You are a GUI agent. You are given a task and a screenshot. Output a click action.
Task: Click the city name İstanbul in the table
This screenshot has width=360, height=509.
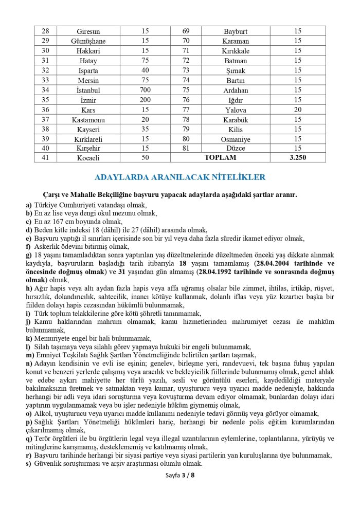pyautogui.click(x=88, y=90)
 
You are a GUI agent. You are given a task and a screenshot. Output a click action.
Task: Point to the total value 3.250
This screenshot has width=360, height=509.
pyautogui.click(x=298, y=158)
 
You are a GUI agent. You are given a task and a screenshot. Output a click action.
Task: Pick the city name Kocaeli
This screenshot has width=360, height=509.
pyautogui.click(x=88, y=158)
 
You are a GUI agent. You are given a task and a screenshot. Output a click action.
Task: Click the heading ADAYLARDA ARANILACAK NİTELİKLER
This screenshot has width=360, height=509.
pyautogui.click(x=180, y=177)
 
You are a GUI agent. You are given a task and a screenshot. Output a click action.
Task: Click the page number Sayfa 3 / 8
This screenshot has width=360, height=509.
pyautogui.click(x=180, y=475)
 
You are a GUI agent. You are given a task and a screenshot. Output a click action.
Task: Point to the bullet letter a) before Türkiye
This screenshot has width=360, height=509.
pyautogui.click(x=29, y=205)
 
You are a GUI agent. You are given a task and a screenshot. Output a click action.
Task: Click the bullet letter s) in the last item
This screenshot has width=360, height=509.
pyautogui.click(x=29, y=464)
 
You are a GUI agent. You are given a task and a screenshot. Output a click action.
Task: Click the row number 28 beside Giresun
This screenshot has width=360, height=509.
pyautogui.click(x=45, y=31)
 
